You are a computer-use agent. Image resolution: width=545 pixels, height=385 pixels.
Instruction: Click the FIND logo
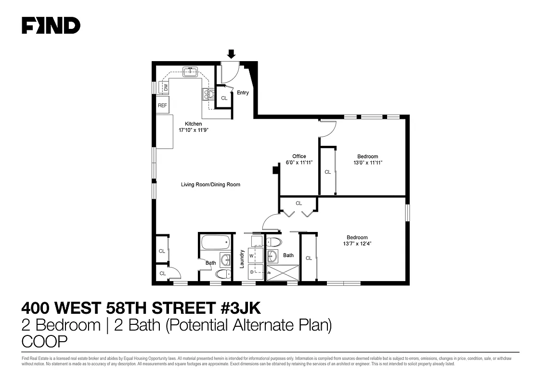click(x=51, y=26)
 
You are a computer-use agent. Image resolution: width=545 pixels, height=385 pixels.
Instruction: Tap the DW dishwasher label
click(x=166, y=88)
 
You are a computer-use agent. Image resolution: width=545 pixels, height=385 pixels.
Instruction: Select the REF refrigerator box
click(x=163, y=105)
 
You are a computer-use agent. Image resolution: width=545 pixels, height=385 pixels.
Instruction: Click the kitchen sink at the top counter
click(x=190, y=72)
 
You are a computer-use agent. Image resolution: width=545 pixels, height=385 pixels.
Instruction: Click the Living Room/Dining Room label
click(x=210, y=184)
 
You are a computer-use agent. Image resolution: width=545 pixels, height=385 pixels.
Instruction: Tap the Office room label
click(x=299, y=156)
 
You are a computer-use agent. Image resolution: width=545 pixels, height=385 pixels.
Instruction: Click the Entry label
click(x=243, y=93)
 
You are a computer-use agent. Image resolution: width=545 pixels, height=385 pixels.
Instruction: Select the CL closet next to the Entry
click(x=224, y=98)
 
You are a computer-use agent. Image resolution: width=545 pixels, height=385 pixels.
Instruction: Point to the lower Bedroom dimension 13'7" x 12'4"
click(x=357, y=244)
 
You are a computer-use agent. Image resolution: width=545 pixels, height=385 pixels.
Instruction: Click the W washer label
click(x=251, y=256)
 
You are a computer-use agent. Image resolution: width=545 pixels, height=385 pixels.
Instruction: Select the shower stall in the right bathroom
click(x=282, y=272)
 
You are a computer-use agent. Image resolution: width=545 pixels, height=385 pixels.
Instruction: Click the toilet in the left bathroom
click(x=222, y=274)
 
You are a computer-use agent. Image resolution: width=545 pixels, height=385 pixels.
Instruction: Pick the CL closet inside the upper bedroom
click(x=327, y=172)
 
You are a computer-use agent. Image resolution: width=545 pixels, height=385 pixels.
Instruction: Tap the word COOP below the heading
click(x=44, y=341)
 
